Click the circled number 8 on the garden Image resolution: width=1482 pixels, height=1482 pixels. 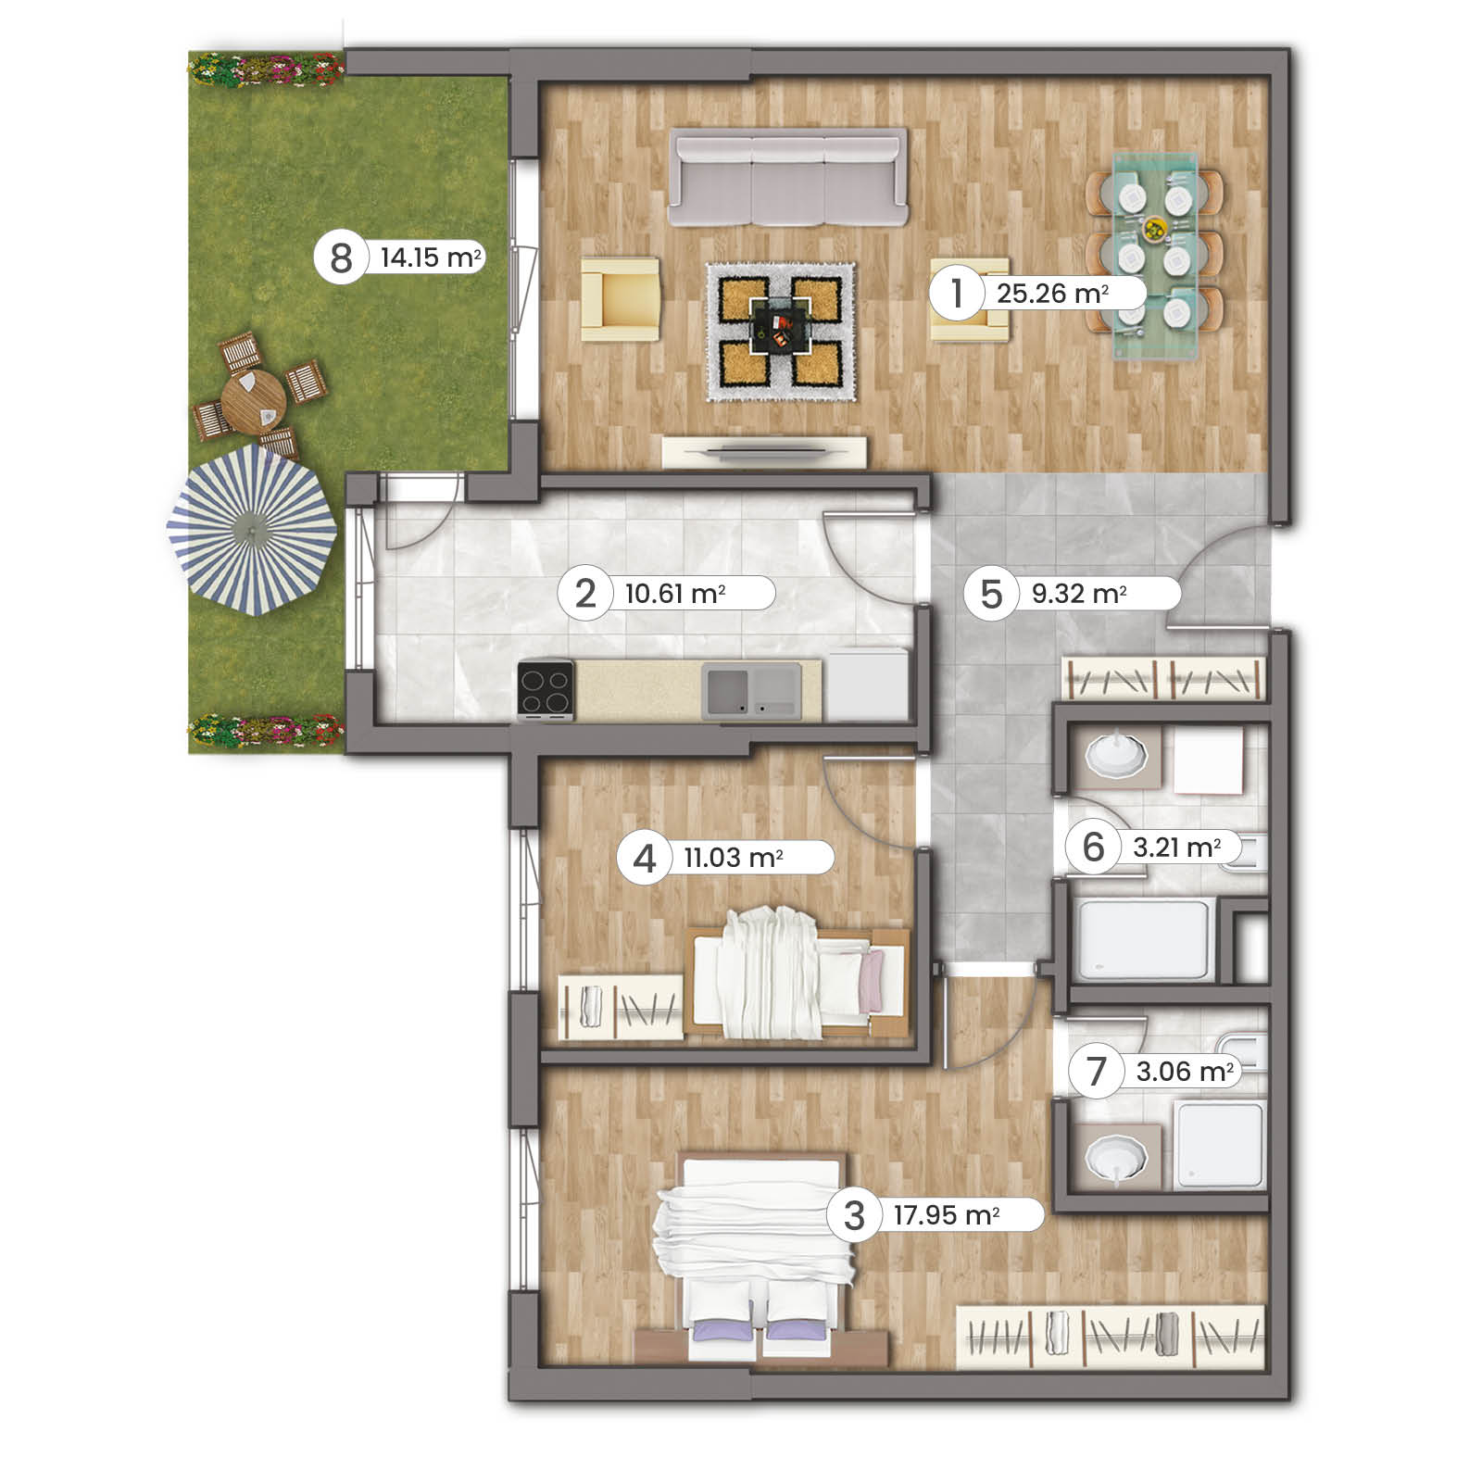coord(341,257)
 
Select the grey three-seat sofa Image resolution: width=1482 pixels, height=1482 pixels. coord(787,177)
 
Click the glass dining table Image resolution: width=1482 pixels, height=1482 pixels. coord(1154,256)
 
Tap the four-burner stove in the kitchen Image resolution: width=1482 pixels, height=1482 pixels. coord(546,689)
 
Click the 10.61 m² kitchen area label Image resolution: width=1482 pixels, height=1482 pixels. coord(675,593)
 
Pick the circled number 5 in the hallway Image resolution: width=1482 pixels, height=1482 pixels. coord(991,594)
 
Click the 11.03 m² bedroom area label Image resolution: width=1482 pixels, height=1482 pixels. coord(734,858)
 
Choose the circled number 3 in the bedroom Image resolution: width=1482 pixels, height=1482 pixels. coord(854,1215)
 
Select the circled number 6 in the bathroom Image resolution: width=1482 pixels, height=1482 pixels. coord(1094,847)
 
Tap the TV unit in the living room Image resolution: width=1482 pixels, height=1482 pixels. coord(765,452)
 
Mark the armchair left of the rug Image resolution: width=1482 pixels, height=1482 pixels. coord(621,298)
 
